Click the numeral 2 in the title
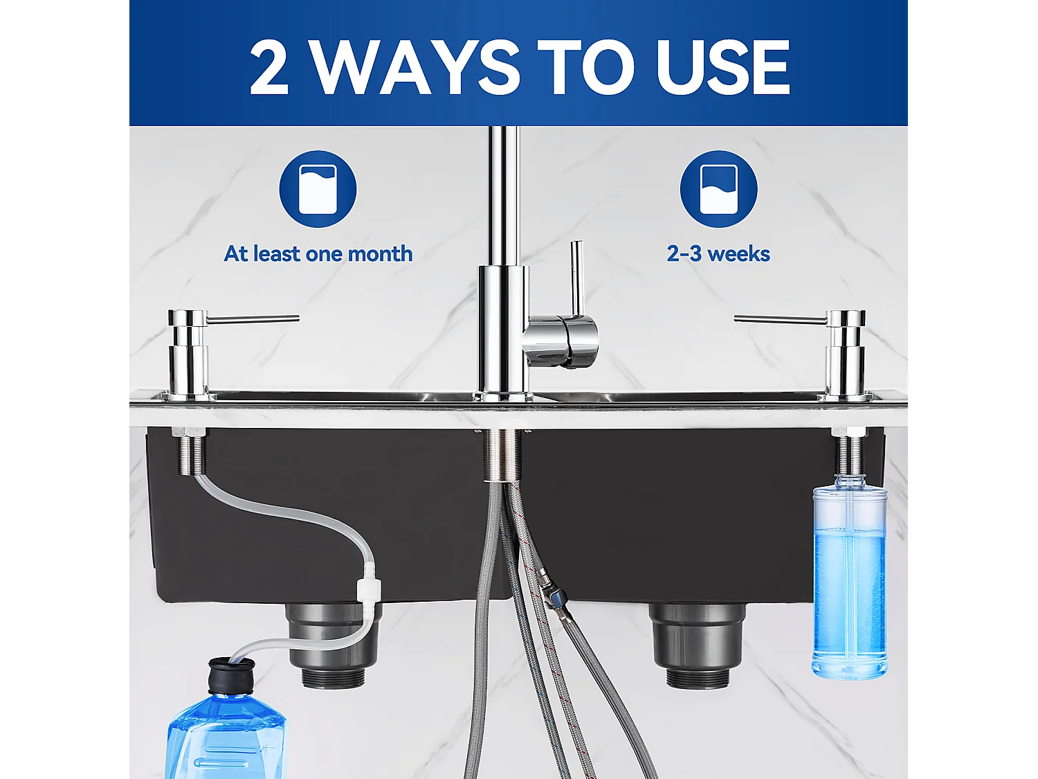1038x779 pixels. coord(268,67)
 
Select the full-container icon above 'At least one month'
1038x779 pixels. coord(318,189)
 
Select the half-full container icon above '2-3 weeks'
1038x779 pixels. coord(718,189)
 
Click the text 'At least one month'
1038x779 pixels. coord(318,254)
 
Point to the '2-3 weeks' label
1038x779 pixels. coord(718,254)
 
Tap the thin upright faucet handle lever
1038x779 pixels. coord(576,277)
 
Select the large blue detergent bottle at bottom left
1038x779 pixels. coord(225,737)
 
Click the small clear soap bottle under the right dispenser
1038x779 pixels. coord(849,578)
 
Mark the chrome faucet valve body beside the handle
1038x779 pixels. coord(561,341)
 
